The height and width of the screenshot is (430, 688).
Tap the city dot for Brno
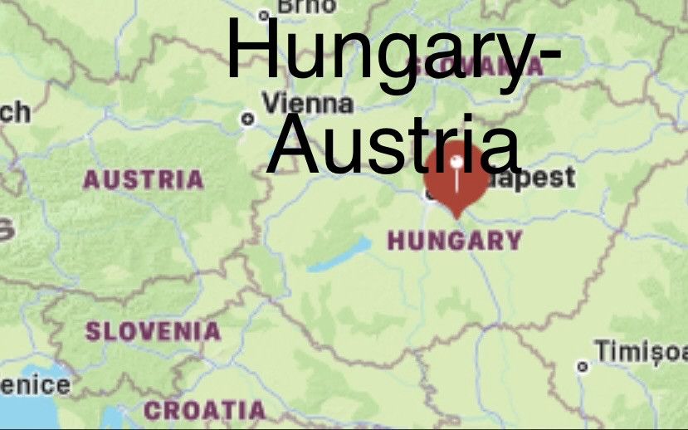tap(265, 14)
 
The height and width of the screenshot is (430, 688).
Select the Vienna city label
tap(308, 105)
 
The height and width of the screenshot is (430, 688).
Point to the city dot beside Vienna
tap(247, 119)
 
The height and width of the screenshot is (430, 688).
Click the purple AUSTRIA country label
tap(144, 179)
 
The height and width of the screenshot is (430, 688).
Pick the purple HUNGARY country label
tap(455, 242)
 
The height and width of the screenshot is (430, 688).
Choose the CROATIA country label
tap(204, 410)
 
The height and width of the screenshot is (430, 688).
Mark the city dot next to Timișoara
tap(583, 365)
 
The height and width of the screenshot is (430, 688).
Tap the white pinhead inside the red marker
tap(456, 159)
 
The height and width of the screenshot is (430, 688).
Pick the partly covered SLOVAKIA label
tap(498, 66)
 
